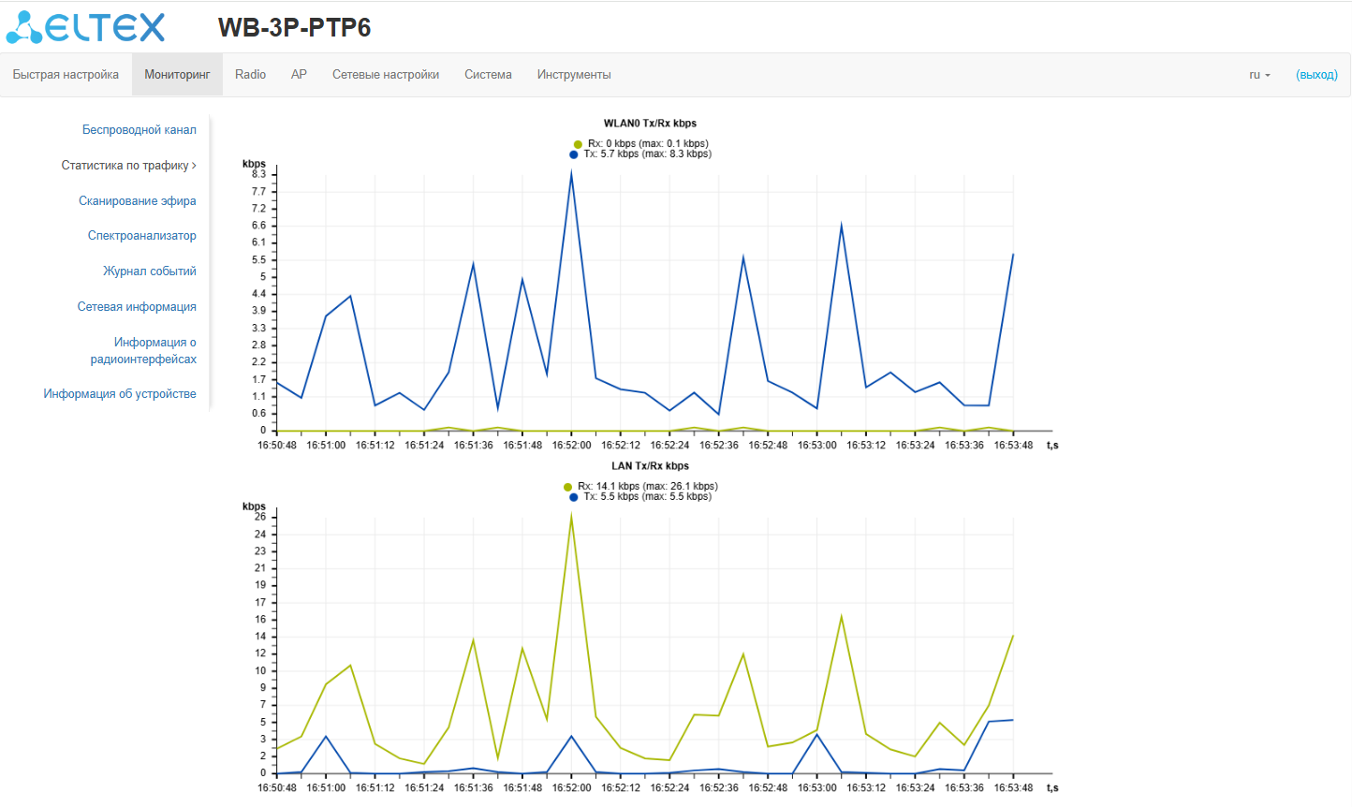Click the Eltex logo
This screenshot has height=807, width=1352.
[x=85, y=27]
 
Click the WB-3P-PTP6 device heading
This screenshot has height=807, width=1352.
[x=294, y=27]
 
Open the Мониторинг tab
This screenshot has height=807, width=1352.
[x=177, y=75]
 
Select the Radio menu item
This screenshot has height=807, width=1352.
[x=250, y=75]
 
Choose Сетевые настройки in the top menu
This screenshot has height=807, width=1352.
[x=385, y=75]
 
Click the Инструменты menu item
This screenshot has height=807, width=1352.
[x=573, y=75]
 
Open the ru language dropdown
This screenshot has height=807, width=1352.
[x=1259, y=75]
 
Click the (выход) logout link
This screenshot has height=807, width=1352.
[x=1316, y=75]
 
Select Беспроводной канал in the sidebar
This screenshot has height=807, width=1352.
[x=139, y=130]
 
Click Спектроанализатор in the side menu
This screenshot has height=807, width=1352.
[x=141, y=236]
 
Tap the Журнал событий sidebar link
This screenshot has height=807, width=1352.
[x=149, y=271]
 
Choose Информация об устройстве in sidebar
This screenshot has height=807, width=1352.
[x=119, y=394]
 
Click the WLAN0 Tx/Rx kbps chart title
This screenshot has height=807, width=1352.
[x=650, y=124]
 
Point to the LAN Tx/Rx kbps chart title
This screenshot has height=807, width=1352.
[x=650, y=466]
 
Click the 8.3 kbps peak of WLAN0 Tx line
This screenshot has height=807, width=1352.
[x=571, y=174]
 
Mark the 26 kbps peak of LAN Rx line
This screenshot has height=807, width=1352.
[x=571, y=516]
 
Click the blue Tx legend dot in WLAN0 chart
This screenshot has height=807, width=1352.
[x=574, y=154]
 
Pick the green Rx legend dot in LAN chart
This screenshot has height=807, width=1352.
[x=567, y=487]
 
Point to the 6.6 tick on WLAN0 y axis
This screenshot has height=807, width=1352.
[x=258, y=226]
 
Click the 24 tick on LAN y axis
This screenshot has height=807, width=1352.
[x=260, y=535]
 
